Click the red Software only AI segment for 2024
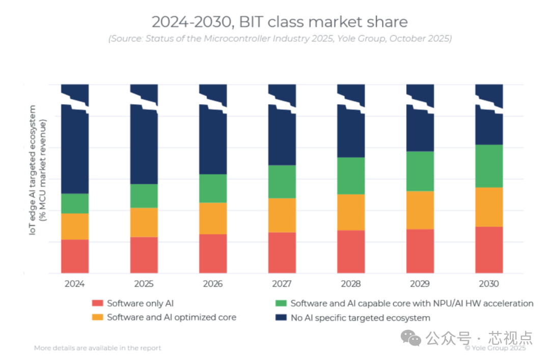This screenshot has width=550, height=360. click(75, 256)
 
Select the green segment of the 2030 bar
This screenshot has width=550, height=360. click(489, 166)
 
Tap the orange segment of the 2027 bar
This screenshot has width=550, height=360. click(282, 215)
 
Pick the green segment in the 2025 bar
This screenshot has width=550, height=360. click(144, 196)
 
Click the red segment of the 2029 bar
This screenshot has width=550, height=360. click(420, 251)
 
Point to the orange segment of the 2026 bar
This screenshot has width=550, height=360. click(213, 218)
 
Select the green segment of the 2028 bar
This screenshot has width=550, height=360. click(351, 176)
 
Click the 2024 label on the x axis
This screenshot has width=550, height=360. click(75, 284)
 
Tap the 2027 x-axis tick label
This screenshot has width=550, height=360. click(282, 284)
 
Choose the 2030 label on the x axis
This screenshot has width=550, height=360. click(489, 284)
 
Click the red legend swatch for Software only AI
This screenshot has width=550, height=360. click(97, 303)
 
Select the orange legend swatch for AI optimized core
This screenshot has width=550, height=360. click(97, 317)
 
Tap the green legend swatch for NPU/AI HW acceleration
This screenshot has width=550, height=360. click(281, 303)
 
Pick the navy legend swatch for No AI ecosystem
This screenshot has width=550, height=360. click(281, 317)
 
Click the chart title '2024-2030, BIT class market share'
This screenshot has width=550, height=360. click(280, 22)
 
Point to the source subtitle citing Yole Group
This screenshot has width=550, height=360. click(280, 38)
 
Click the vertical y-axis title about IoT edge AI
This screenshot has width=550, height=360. click(38, 170)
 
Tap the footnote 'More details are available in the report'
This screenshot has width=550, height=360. click(97, 348)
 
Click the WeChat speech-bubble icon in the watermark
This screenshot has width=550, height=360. click(411, 338)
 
